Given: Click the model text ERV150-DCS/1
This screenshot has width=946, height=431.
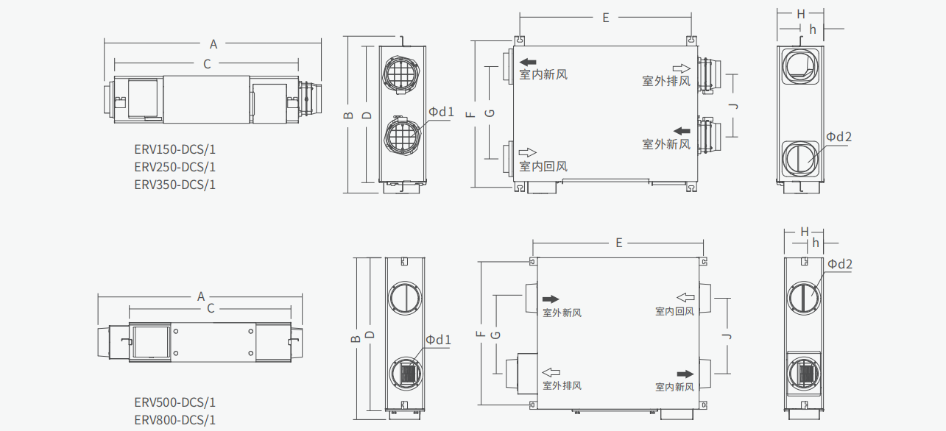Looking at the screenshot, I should pos(174,149).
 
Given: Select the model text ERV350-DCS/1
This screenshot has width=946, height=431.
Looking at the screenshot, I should pos(174,185).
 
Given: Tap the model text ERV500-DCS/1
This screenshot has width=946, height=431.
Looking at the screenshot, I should pos(174,402).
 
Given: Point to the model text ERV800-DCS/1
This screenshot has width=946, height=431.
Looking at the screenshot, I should pos(174,420).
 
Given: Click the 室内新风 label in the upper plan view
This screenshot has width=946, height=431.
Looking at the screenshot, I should pos(543,74).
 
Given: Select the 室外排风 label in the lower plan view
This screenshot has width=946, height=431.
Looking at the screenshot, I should pos(562,385).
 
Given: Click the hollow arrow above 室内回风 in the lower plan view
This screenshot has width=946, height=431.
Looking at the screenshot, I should pos(685,297).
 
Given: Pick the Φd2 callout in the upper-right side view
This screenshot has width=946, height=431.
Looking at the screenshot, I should pos(839,137).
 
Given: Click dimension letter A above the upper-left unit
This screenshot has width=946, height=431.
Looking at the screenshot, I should pos(213,44).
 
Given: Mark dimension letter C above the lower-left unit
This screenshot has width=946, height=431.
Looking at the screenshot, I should pos(211,308).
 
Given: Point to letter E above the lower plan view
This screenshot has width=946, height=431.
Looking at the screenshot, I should pos(619,243).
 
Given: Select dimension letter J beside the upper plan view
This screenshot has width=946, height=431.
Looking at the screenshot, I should pos(732,106).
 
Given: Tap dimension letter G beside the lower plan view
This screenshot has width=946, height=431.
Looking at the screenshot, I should pos(495,335).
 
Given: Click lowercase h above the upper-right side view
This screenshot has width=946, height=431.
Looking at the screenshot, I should pos(813,29).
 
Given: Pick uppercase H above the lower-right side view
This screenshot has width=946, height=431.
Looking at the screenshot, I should pos(804,232).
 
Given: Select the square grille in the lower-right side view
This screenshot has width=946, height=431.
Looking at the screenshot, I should pos(804,371).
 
